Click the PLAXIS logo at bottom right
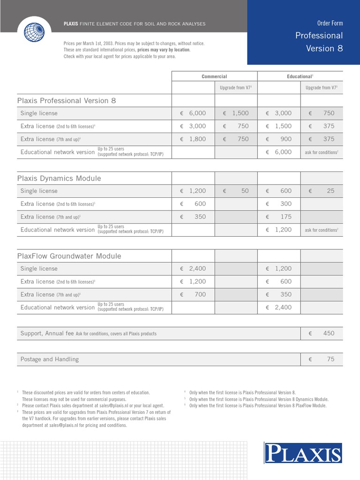pyautogui.click(x=303, y=454)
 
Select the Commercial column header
pyautogui.click(x=214, y=76)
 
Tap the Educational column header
pyautogui.click(x=300, y=76)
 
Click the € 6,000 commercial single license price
pyautogui.click(x=193, y=113)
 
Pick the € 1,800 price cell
pyautogui.click(x=193, y=139)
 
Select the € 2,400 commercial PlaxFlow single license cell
pyautogui.click(x=193, y=269)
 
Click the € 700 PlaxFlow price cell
pyautogui.click(x=193, y=295)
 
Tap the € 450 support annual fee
pyautogui.click(x=322, y=333)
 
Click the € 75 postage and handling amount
pyautogui.click(x=322, y=360)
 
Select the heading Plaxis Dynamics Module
pyautogui.click(x=59, y=179)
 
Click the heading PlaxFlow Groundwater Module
pyautogui.click(x=69, y=256)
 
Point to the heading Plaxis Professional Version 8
pyautogui.click(x=67, y=101)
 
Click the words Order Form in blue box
pyautogui.click(x=330, y=23)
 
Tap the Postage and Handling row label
pyautogui.click(x=50, y=360)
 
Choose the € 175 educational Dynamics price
pyautogui.click(x=279, y=217)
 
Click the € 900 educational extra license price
pyautogui.click(x=279, y=139)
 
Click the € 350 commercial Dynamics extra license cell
pyautogui.click(x=193, y=217)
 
